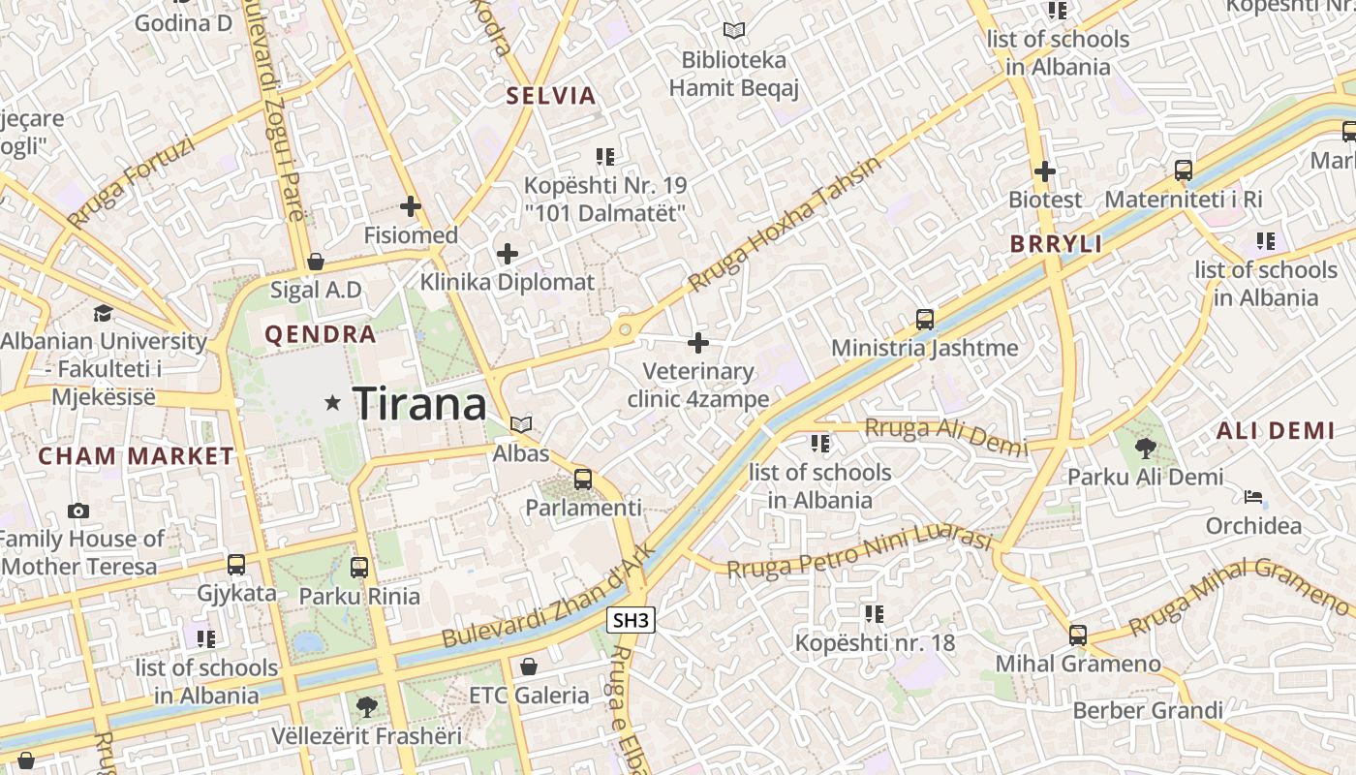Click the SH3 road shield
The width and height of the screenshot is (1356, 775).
pos(631,620)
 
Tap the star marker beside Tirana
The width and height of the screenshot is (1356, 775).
pos(333,402)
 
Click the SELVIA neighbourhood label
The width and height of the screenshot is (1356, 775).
pos(551,96)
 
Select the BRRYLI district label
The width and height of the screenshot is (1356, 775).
pos(1056,244)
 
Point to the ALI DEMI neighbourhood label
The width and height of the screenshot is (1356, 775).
pos(1276,431)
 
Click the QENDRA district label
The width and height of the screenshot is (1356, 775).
pos(320,335)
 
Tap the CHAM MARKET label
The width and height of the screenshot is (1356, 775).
pos(136,456)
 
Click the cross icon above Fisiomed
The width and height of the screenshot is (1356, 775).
pos(411,206)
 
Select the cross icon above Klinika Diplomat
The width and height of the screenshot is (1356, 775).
pos(508,254)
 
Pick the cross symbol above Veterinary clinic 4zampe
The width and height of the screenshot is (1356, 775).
pos(698,342)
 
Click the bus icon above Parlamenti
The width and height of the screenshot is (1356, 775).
pos(583,479)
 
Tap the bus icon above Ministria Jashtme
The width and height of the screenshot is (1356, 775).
pos(925,319)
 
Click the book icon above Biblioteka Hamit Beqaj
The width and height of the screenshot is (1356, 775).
pos(734,31)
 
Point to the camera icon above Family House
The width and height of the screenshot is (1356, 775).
pos(78,511)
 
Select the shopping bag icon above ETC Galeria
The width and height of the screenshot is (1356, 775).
pos(529,666)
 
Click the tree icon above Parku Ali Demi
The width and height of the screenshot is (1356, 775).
pos(1145,448)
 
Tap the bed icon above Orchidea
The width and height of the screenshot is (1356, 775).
pos(1253,497)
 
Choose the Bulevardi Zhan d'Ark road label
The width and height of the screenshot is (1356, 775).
pos(549,598)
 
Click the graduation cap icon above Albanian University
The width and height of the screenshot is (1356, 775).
pos(103,313)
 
